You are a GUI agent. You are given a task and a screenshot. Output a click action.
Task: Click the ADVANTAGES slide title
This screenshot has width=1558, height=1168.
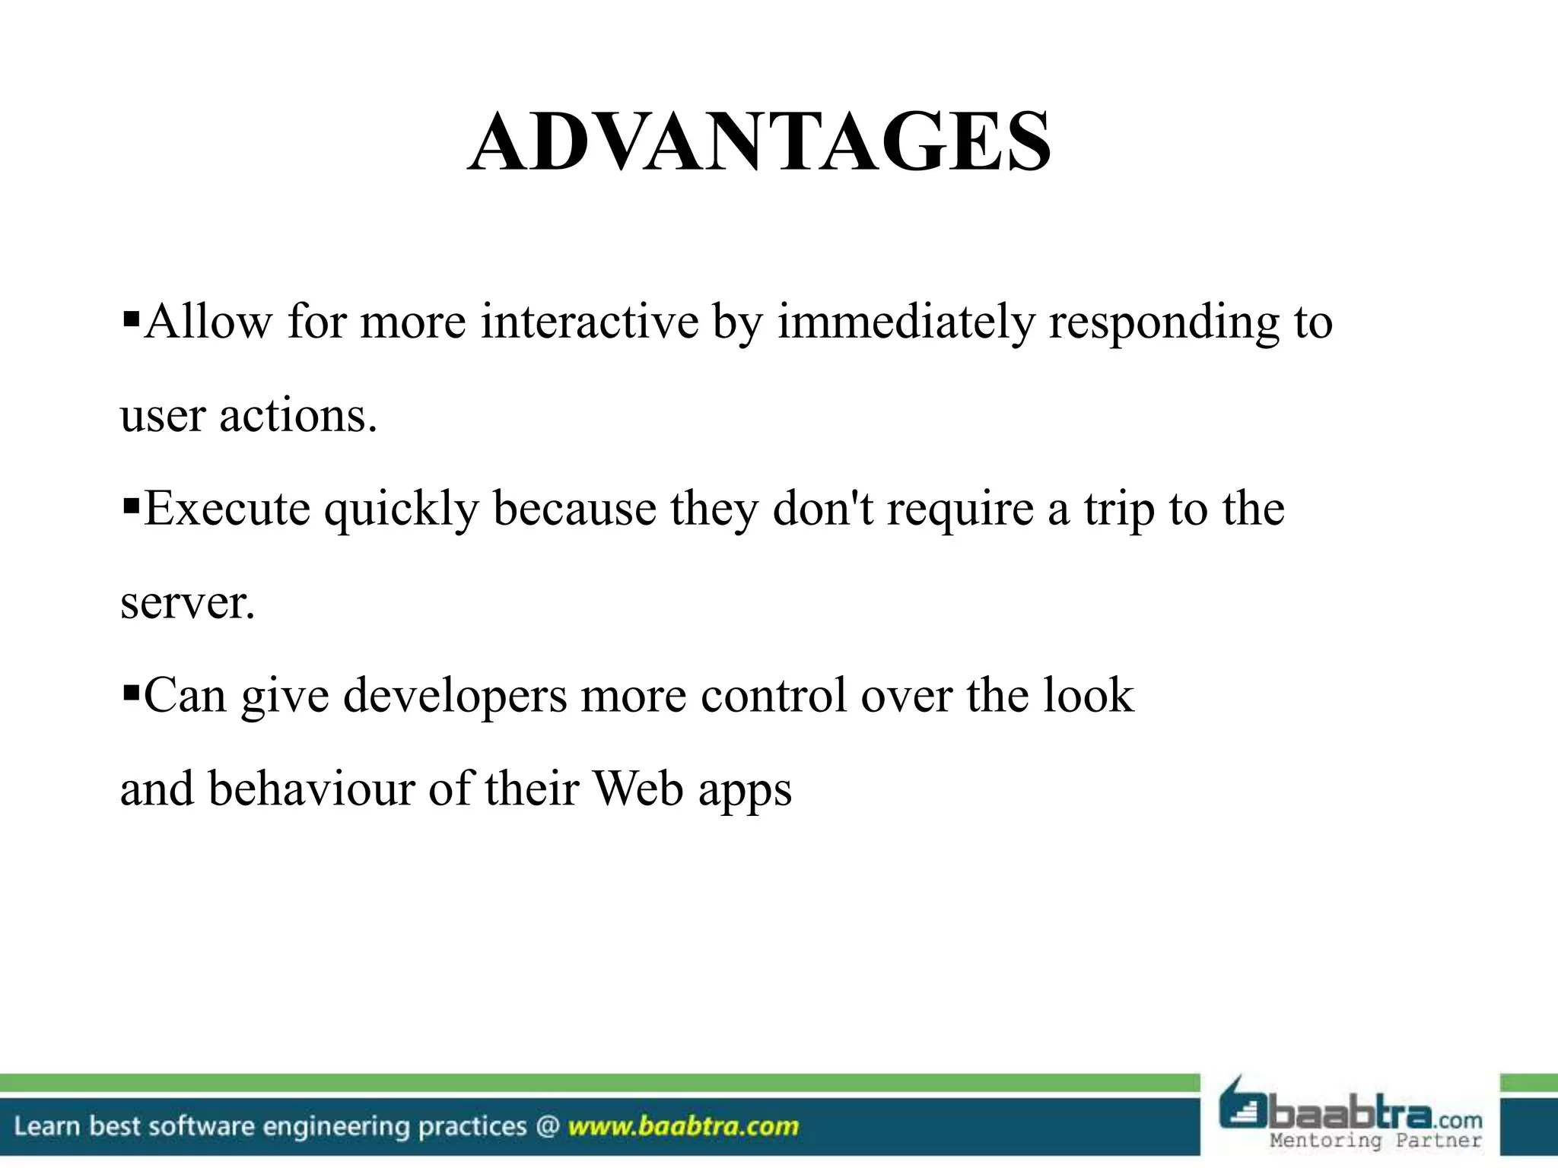pyautogui.click(x=760, y=142)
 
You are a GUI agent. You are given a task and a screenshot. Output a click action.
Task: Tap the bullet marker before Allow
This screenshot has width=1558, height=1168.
pyautogui.click(x=131, y=314)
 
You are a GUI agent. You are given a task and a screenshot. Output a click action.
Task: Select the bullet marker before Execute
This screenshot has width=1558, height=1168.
pyautogui.click(x=131, y=501)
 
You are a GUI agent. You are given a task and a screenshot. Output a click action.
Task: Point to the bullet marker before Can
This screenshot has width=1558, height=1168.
pyautogui.click(x=131, y=688)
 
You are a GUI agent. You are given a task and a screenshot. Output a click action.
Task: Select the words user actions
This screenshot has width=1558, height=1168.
pyautogui.click(x=249, y=417)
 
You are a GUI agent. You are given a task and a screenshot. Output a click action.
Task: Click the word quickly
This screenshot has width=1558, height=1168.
pyautogui.click(x=401, y=509)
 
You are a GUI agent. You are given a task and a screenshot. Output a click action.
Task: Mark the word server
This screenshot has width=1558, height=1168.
pyautogui.click(x=187, y=603)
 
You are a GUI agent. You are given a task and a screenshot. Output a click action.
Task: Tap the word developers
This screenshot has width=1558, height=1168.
pyautogui.click(x=455, y=697)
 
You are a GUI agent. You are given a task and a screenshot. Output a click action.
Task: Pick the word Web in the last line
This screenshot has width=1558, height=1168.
pyautogui.click(x=638, y=789)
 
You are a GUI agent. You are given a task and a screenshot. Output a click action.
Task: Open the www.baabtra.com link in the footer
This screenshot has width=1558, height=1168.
pyautogui.click(x=683, y=1126)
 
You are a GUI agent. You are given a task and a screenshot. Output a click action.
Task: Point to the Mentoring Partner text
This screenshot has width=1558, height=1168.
pyautogui.click(x=1375, y=1141)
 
